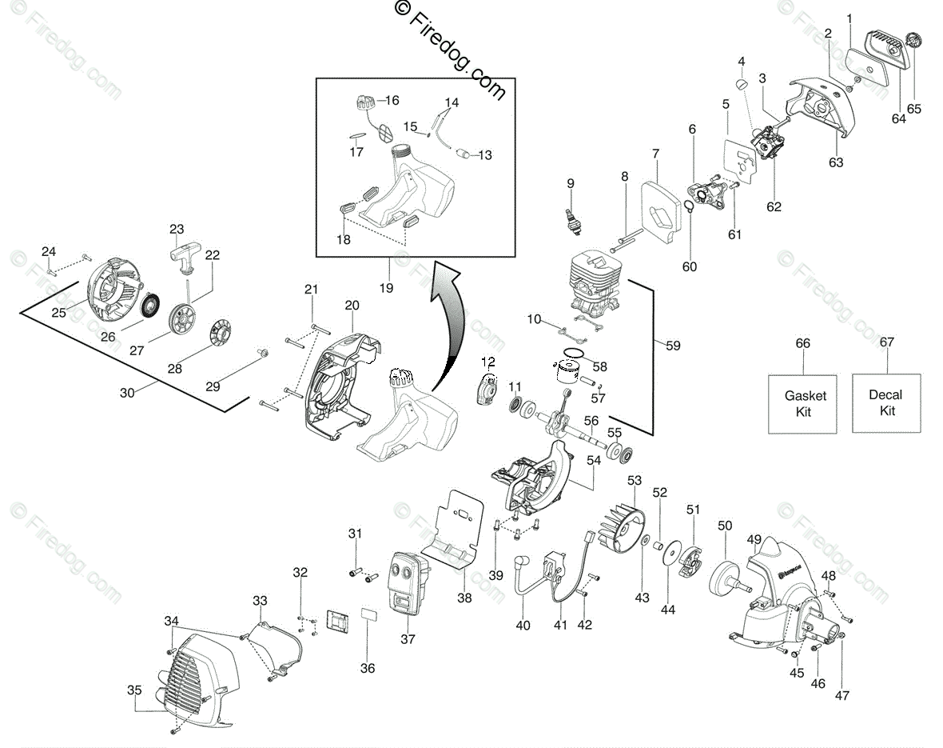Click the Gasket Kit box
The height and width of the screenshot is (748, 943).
point(803,404)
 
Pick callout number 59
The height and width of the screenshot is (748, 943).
point(674,346)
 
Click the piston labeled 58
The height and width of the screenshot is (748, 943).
point(570,374)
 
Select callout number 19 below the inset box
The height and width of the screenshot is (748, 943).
point(386,287)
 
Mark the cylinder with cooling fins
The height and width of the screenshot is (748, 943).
point(595,285)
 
